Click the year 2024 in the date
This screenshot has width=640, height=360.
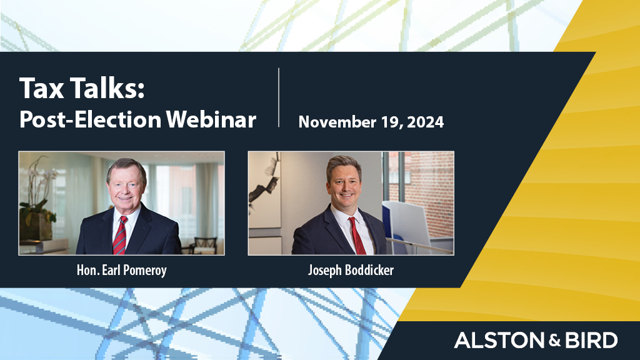pyautogui.click(x=425, y=122)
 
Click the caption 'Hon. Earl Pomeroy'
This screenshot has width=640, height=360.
pyautogui.click(x=121, y=271)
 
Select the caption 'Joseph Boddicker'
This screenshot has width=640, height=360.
pyautogui.click(x=351, y=271)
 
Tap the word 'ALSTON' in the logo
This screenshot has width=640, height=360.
pyautogui.click(x=491, y=341)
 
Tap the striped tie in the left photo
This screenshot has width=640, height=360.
pyautogui.click(x=119, y=234)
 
